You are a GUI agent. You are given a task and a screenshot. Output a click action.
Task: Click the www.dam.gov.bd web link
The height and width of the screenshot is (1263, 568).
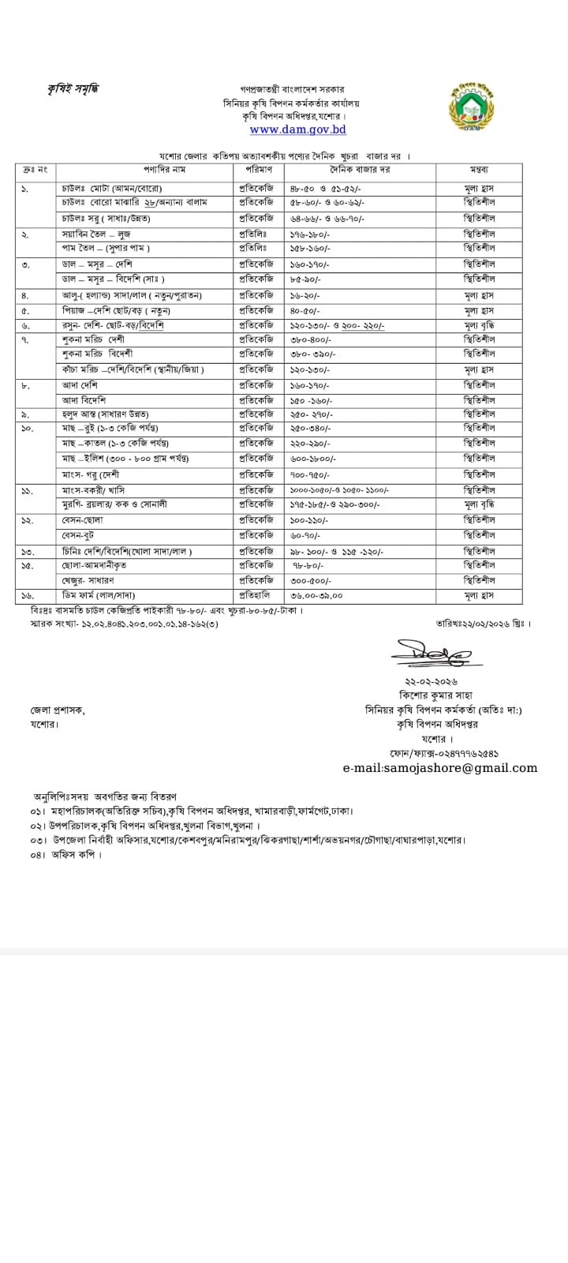click(x=297, y=129)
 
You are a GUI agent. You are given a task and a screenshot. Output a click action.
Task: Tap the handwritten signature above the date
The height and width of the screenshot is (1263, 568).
click(x=430, y=654)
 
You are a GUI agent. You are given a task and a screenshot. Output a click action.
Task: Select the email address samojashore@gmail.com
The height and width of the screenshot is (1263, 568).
click(x=439, y=767)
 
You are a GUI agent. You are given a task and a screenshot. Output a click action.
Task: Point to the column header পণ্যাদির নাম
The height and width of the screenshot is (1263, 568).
click(x=143, y=170)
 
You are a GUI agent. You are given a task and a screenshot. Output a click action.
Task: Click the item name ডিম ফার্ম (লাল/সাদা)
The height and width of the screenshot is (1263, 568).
click(x=104, y=595)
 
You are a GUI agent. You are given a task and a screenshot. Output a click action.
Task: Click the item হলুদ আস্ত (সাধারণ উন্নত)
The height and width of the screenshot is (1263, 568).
click(x=106, y=414)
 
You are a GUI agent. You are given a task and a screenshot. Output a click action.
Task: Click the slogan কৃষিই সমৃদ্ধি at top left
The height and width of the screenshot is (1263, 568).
click(x=73, y=88)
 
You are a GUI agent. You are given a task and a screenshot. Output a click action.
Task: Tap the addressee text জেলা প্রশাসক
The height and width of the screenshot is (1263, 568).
click(x=58, y=710)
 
